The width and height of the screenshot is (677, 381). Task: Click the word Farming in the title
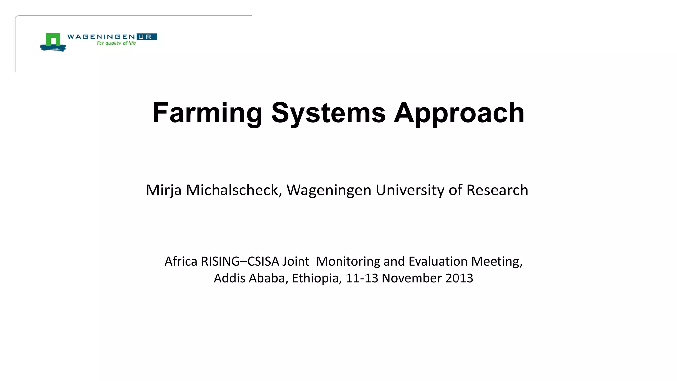pos(207,113)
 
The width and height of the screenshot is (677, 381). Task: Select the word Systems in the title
pos(328,113)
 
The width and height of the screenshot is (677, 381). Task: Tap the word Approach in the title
pos(459,113)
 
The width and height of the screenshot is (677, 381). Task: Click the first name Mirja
pos(164,190)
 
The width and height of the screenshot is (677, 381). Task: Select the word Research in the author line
pos(497,190)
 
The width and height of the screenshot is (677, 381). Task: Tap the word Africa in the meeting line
pos(181,261)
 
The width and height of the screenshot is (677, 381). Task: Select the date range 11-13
pos(362,278)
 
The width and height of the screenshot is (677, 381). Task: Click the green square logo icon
pos(53,40)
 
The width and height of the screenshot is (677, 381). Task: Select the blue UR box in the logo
pos(146,37)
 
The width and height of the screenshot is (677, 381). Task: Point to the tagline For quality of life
pos(116,43)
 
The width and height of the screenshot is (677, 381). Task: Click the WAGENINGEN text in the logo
pos(101,37)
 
